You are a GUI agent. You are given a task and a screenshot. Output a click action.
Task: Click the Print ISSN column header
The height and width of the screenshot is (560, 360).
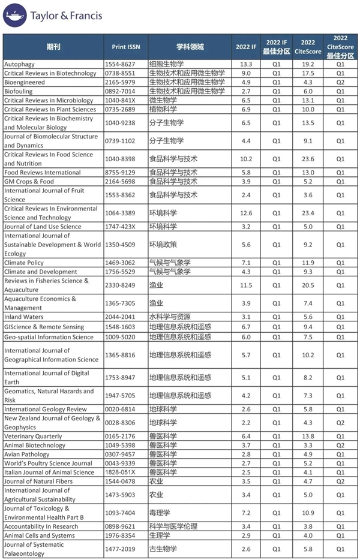coord(127,47)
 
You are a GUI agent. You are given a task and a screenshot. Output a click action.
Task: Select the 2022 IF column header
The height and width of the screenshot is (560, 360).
coord(245,47)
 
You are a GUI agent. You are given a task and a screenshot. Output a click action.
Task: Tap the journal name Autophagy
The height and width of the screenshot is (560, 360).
coord(19,64)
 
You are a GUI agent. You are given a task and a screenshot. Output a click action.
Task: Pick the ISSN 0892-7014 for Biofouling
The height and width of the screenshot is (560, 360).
coord(127,91)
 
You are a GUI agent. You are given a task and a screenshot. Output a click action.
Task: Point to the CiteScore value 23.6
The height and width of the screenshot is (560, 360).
coord(308,159)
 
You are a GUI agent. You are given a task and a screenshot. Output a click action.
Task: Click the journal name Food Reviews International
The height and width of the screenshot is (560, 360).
coord(42,173)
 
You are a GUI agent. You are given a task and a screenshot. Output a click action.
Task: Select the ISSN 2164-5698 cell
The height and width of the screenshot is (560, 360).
coord(127,182)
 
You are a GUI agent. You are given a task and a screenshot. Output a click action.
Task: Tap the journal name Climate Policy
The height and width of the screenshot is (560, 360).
coord(23,263)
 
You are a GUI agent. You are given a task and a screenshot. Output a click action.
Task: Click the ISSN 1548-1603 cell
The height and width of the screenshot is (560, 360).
coord(127,327)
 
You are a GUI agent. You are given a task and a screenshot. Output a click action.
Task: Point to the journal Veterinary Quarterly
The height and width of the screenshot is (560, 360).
coord(32,436)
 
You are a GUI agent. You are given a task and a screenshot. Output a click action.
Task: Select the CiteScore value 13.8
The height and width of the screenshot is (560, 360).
coord(308,436)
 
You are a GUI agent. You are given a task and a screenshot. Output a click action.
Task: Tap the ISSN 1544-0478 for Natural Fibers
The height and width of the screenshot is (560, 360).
coord(127,481)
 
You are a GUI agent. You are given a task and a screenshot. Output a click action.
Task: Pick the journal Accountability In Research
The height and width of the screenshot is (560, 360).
coord(41,526)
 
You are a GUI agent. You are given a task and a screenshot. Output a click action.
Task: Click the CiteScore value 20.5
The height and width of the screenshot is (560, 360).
coord(308,285)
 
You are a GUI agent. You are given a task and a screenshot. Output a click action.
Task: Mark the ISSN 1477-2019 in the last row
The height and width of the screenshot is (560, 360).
coord(127,549)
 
